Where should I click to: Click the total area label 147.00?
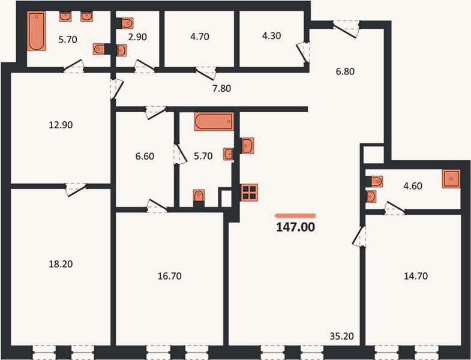click(295, 227)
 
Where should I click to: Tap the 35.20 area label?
click(341, 336)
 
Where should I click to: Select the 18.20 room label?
click(61, 264)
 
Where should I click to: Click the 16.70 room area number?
click(170, 276)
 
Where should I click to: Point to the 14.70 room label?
click(416, 276)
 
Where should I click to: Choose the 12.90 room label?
click(61, 125)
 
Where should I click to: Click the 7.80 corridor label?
click(221, 89)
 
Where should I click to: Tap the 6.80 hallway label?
click(345, 71)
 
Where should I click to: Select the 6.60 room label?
click(145, 156)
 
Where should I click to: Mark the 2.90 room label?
click(137, 37)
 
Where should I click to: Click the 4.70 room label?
click(200, 37)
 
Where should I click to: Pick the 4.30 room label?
click(272, 36)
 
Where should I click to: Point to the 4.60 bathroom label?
click(413, 186)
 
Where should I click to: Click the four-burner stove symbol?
click(250, 193)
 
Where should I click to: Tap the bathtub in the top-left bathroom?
click(37, 31)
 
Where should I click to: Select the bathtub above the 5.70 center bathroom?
click(214, 121)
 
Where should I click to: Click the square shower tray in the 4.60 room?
click(451, 179)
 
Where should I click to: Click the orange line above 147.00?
click(295, 215)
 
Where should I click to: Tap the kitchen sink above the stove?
click(248, 146)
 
